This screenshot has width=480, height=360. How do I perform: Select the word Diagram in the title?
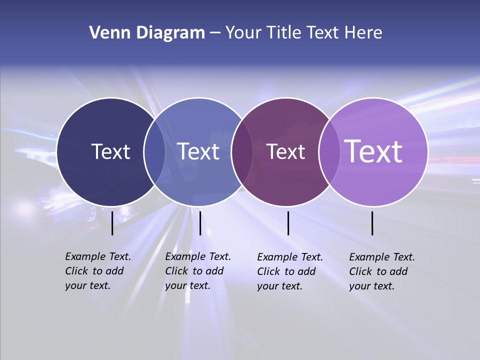point(170,33)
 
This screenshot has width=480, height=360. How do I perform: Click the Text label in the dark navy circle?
point(110,151)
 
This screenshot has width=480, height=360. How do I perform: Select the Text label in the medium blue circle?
point(198,151)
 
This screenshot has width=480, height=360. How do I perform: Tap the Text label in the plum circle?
point(285,151)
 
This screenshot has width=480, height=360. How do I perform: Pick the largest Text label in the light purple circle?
point(373,151)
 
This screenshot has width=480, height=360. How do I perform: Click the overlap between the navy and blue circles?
point(154,151)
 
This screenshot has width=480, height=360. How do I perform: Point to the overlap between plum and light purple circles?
point(328,151)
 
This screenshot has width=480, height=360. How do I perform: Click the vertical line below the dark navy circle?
point(112,223)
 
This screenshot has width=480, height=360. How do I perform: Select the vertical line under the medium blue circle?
point(200,223)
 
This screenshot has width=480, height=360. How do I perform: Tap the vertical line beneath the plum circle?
point(288,223)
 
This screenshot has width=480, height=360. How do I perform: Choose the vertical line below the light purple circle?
point(372,223)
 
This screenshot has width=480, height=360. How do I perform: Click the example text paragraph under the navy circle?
point(97,271)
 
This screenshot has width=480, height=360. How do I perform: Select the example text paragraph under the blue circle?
point(197,271)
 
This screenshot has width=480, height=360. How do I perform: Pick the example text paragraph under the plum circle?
point(289,271)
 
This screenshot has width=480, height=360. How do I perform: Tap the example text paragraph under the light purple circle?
point(381,271)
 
